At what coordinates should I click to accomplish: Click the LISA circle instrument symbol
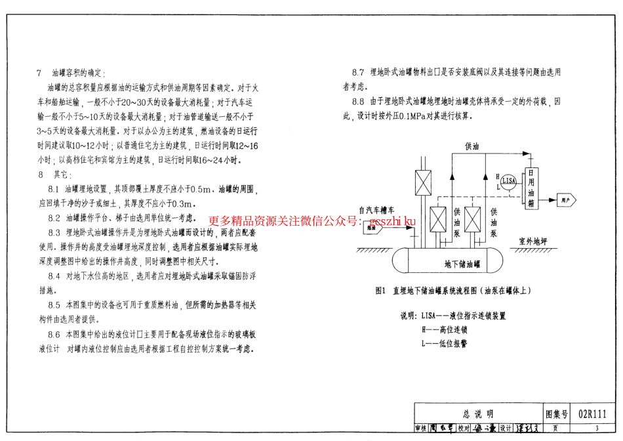click(508, 180)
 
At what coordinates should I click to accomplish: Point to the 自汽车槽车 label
click(376, 211)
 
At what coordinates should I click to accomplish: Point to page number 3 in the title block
click(597, 429)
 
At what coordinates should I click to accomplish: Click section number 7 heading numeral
click(40, 73)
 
